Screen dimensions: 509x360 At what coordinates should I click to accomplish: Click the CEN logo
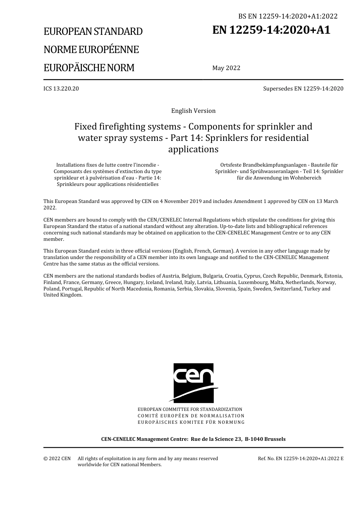tap(193, 383)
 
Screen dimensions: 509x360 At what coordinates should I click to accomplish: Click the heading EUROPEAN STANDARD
tap(93, 31)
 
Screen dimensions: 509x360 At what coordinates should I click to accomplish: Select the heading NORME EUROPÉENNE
tap(91, 50)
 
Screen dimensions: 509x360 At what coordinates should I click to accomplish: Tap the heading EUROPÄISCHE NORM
tap(89, 68)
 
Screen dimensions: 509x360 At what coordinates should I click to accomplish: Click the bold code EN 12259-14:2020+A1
tap(271, 30)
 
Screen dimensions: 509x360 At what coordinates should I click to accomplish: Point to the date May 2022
tap(226, 68)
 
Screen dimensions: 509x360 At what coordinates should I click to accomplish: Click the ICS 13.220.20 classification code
tap(61, 89)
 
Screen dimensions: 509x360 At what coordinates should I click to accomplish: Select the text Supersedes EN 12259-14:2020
tap(303, 89)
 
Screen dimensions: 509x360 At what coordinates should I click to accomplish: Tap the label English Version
tap(193, 111)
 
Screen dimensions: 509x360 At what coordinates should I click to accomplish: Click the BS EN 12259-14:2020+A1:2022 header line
tap(288, 16)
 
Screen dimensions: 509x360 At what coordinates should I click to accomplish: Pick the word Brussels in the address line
tap(274, 439)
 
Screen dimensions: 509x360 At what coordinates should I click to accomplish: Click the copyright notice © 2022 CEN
tap(57, 459)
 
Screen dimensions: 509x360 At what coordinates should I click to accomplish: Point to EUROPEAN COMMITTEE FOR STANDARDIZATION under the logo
tap(190, 409)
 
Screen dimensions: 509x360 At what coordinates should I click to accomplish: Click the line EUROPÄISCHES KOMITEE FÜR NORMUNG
tap(191, 422)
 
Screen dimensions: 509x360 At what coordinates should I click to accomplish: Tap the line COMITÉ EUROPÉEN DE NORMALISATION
tap(191, 416)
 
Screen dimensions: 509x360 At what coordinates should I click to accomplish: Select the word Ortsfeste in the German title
tap(231, 165)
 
